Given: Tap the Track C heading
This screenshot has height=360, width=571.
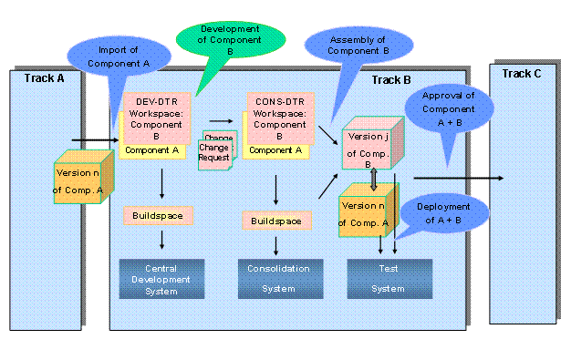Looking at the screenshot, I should point(522,73).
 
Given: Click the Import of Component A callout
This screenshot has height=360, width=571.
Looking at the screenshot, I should point(120,57).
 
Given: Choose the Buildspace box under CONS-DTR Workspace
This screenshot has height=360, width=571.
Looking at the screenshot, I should point(275,220).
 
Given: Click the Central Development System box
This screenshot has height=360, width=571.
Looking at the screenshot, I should point(160,278).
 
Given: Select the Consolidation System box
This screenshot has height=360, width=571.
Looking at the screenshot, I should point(275,277).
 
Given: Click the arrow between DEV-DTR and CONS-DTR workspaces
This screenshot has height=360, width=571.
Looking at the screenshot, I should point(219,118).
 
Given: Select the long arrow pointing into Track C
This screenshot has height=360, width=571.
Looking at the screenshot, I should point(456,179).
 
